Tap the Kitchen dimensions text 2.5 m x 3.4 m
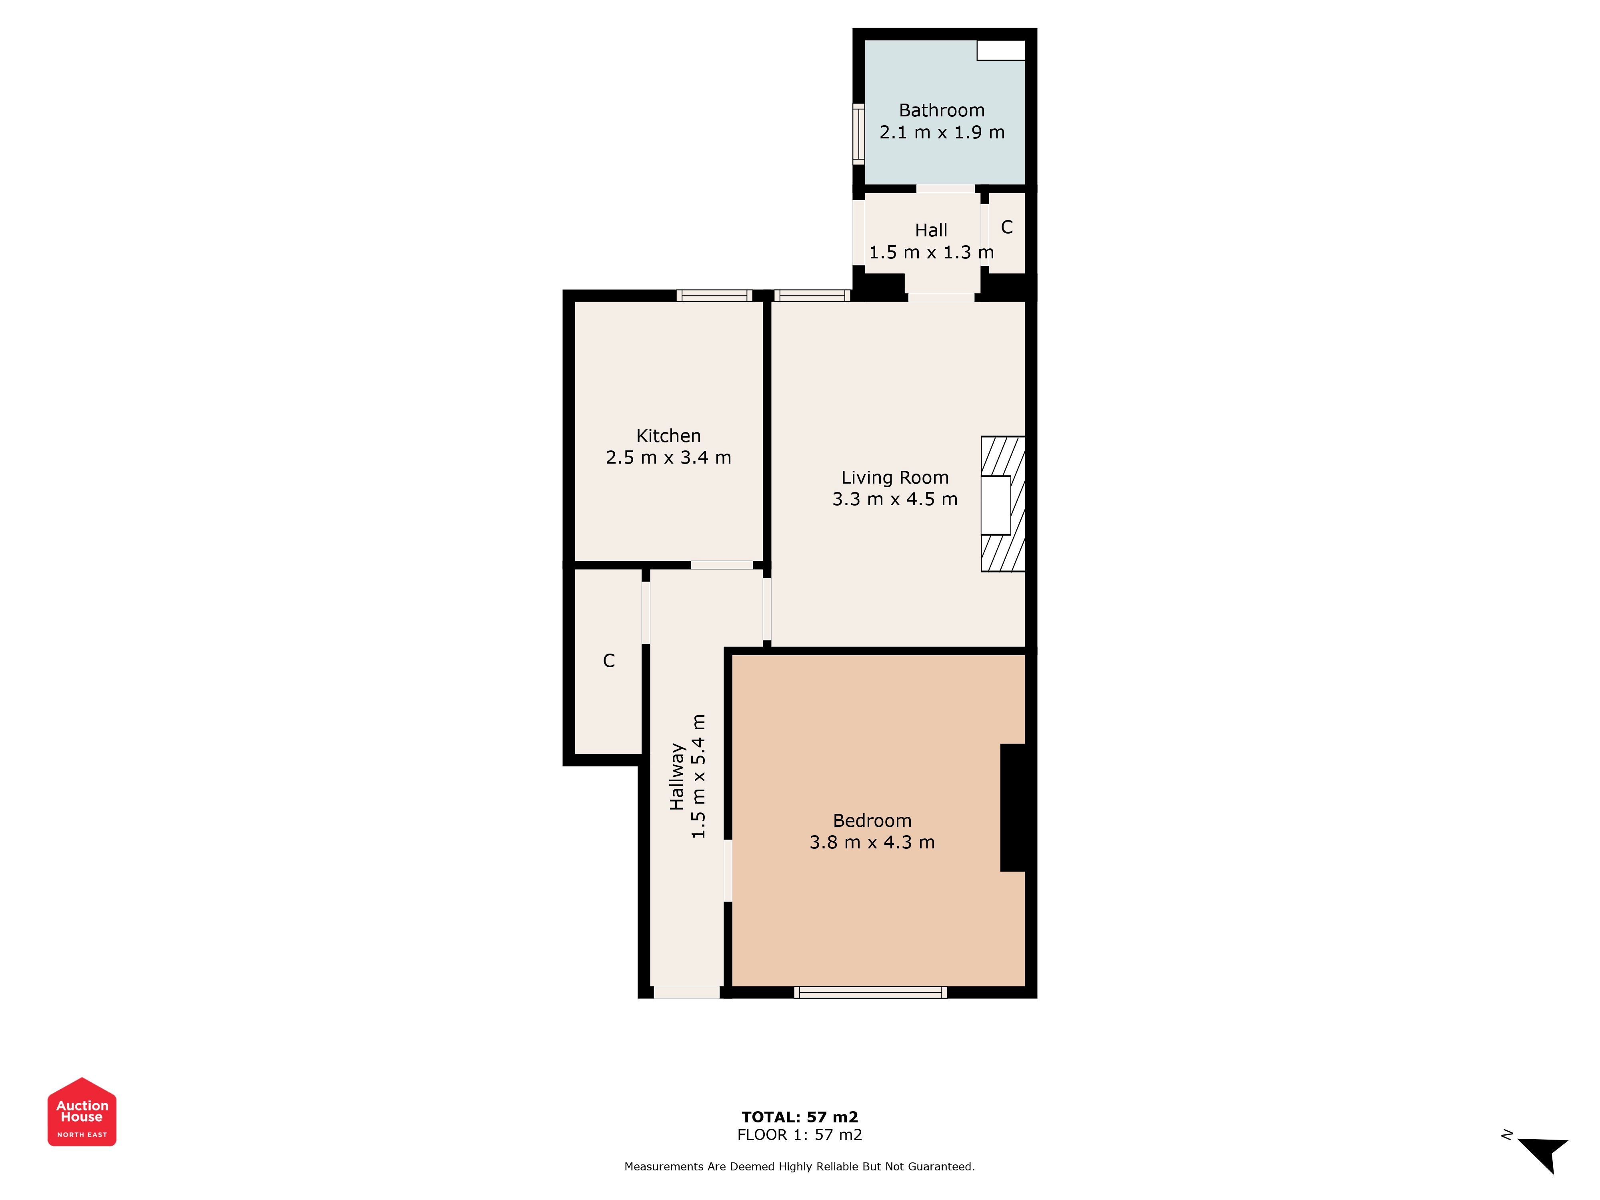click(x=668, y=458)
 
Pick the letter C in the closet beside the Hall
click(x=1007, y=227)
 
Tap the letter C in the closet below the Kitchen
click(x=609, y=660)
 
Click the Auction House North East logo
click(x=82, y=1112)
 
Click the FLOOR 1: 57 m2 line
click(x=800, y=1135)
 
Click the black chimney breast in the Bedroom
click(x=1013, y=808)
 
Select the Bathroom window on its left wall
click(x=858, y=134)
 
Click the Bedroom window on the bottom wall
click(x=871, y=992)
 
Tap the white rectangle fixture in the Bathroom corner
click(x=1001, y=50)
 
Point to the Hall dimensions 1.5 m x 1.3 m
click(x=932, y=252)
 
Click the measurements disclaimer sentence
click(x=800, y=1167)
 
